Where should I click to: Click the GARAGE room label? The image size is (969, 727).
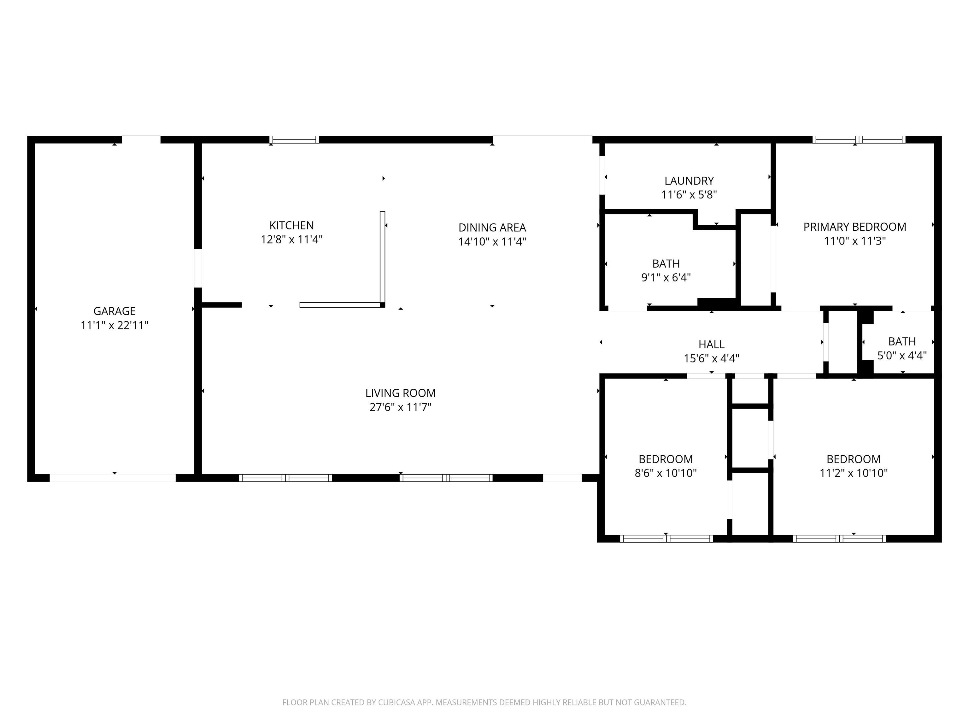[x=114, y=311]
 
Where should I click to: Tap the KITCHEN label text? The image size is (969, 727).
[x=292, y=225]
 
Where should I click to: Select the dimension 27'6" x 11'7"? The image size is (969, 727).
[x=400, y=407]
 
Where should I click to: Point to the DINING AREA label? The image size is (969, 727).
[x=492, y=228]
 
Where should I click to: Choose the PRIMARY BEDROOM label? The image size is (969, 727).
[x=855, y=227]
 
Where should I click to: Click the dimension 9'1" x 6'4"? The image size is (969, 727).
[x=666, y=277]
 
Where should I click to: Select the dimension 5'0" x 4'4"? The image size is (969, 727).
[x=902, y=355]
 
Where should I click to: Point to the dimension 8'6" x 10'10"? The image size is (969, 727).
[x=666, y=473]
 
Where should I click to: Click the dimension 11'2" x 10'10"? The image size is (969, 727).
[x=854, y=473]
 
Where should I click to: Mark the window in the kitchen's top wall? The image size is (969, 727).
[x=294, y=140]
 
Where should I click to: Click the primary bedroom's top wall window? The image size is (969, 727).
[x=859, y=140]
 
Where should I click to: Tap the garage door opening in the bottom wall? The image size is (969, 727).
[x=113, y=478]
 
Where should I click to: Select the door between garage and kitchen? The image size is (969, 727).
[x=198, y=268]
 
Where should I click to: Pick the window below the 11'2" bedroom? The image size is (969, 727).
[x=839, y=539]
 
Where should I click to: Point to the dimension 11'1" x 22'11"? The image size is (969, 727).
[x=114, y=325]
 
